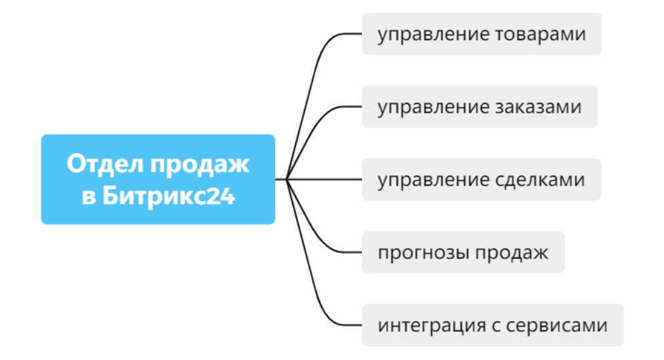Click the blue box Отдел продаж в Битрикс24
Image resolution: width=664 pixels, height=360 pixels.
(x=158, y=179)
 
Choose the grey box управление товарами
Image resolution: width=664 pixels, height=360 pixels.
(x=482, y=34)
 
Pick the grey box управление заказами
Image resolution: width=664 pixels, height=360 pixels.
(x=479, y=107)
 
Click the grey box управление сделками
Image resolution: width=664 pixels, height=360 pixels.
(x=481, y=180)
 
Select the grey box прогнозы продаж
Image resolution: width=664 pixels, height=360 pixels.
(x=463, y=252)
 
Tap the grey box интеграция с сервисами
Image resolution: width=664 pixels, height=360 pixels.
(x=492, y=325)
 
